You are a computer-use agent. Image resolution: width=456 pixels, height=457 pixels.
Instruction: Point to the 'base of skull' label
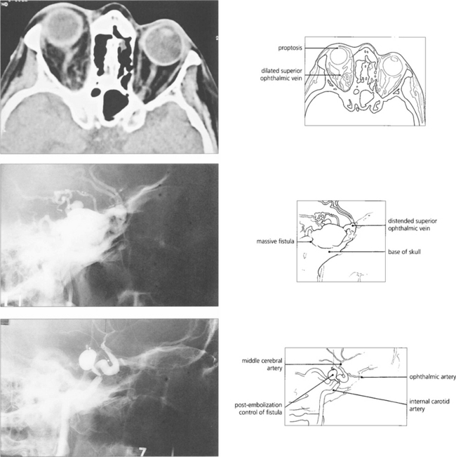coord(407,252)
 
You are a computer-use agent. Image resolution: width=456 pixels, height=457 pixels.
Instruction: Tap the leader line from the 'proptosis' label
coord(319,47)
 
